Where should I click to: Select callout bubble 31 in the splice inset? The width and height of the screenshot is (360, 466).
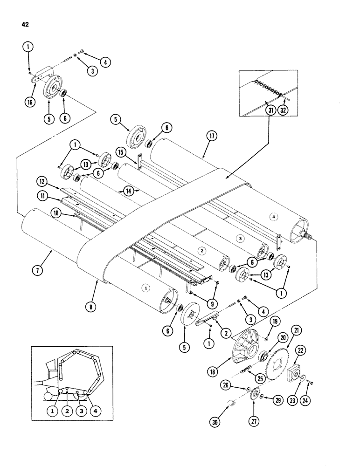pos(270,110)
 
